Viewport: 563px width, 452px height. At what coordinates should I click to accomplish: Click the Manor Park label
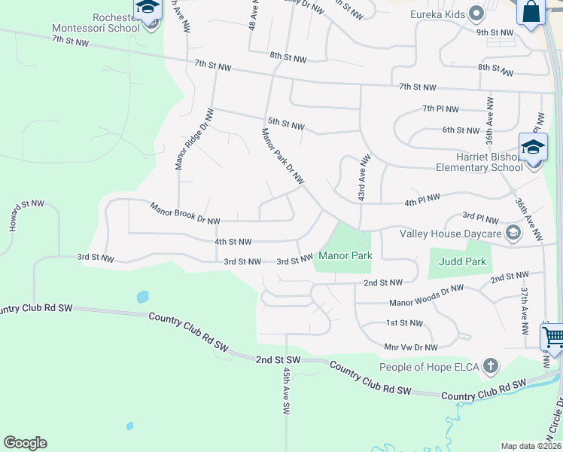click(x=345, y=255)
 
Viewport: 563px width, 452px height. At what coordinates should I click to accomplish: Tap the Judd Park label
click(x=462, y=261)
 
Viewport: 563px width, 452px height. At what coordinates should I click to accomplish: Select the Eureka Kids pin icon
click(x=476, y=13)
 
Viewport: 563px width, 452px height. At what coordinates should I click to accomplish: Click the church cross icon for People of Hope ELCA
click(x=491, y=367)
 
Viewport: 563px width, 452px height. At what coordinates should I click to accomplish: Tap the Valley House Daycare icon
click(x=513, y=233)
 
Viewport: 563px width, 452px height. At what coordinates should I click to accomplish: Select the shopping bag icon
click(x=531, y=11)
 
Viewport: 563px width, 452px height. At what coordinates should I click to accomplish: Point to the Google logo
click(x=25, y=443)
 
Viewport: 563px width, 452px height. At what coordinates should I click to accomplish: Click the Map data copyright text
click(x=531, y=446)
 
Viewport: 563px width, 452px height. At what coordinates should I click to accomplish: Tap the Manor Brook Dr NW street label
click(x=184, y=213)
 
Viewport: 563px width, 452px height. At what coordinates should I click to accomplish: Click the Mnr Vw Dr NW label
click(x=410, y=347)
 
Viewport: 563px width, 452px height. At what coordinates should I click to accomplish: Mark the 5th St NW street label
click(x=286, y=124)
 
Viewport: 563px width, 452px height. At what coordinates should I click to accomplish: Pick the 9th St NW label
click(x=494, y=32)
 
